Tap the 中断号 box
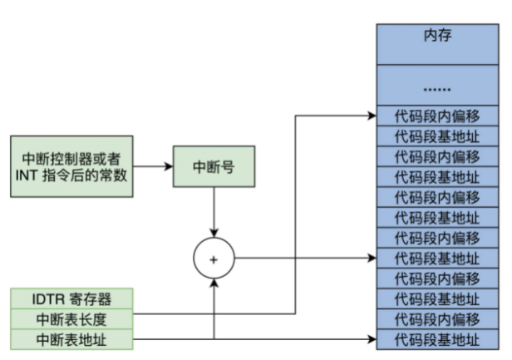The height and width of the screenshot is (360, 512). click(214, 166)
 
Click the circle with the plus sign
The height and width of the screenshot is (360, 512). click(214, 259)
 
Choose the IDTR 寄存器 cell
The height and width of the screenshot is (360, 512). click(71, 298)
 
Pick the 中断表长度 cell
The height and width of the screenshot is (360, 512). click(71, 318)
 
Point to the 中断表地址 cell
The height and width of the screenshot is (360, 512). click(71, 338)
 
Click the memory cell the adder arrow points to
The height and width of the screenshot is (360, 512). click(438, 259)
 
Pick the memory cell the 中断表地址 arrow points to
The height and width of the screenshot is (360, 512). click(438, 339)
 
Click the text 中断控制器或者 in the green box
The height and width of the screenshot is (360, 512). click(71, 157)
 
